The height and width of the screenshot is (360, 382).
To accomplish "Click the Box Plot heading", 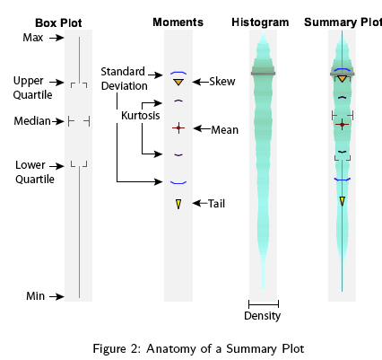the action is click(58, 23).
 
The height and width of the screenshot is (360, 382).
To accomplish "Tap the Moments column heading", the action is click(178, 22).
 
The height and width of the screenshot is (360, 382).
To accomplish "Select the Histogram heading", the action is click(260, 22).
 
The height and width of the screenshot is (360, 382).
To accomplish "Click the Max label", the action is click(33, 38).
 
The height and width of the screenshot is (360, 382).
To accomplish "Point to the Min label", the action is click(36, 296).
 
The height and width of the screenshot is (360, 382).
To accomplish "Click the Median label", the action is click(32, 121).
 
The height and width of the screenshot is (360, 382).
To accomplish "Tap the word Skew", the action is click(222, 82).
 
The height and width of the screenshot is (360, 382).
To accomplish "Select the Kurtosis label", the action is click(141, 116).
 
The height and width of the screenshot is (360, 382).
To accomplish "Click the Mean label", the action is click(225, 130).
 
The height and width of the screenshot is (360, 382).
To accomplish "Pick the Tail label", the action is click(216, 204).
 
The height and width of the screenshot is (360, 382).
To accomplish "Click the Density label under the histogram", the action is click(263, 316).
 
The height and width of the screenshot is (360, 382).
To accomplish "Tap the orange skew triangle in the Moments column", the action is click(178, 82).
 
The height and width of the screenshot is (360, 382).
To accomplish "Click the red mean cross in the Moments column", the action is click(178, 128).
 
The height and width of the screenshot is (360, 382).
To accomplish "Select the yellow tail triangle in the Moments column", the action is click(178, 204).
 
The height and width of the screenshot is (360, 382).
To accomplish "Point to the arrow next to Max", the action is click(56, 38).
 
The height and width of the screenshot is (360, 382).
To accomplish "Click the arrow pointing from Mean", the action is click(202, 128).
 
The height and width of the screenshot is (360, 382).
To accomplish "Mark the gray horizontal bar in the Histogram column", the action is click(263, 74).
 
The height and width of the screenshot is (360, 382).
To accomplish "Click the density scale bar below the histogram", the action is click(264, 304).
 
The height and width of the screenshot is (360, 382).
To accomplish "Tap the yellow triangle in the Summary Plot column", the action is click(343, 201).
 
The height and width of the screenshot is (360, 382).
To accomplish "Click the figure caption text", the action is click(198, 349).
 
